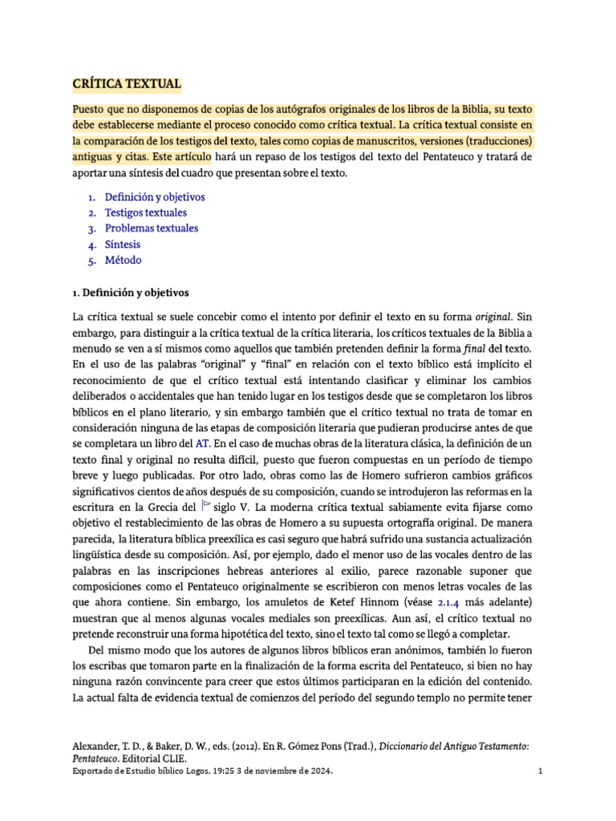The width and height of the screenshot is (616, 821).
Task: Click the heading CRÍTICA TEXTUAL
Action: click(x=127, y=83)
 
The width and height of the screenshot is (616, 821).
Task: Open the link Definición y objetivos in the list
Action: click(x=155, y=196)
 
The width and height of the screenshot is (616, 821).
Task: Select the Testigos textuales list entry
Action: click(x=145, y=212)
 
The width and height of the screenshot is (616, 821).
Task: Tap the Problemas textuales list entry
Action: click(x=151, y=229)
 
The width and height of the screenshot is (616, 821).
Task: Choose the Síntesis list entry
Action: click(x=122, y=245)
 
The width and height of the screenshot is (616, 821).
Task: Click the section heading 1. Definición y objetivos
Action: click(x=130, y=293)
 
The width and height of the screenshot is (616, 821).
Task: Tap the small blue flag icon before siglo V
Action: click(x=206, y=504)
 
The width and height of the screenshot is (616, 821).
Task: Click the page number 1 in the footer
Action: click(x=541, y=771)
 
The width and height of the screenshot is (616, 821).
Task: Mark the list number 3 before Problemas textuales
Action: click(x=92, y=229)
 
